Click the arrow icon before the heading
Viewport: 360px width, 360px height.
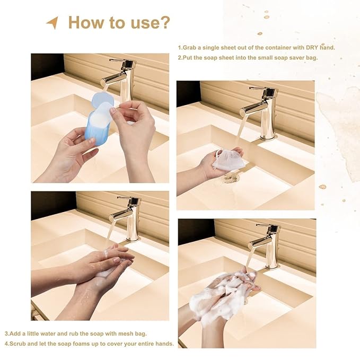tap(52, 23)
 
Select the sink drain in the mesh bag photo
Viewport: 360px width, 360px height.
tap(230, 180)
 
